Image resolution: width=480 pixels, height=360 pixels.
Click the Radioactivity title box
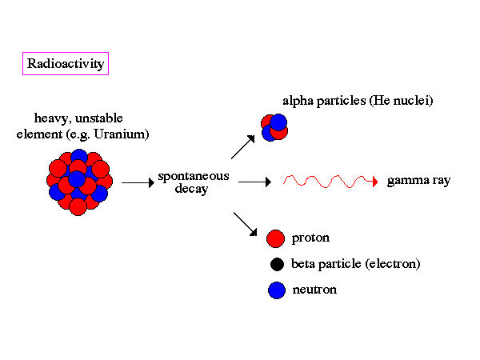point(66,64)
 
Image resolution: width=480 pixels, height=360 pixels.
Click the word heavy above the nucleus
point(50,119)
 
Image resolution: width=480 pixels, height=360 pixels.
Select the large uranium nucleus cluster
point(78,182)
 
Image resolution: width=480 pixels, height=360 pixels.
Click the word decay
point(192,190)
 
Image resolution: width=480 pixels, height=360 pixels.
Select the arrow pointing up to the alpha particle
point(242,146)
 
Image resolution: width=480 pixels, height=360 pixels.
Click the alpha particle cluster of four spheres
point(274,127)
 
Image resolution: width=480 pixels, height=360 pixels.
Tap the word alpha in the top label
point(298,102)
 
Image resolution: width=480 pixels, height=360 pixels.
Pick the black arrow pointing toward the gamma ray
point(255,182)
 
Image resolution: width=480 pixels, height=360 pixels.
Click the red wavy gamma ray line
point(328,181)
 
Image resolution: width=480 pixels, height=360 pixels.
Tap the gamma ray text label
point(419,181)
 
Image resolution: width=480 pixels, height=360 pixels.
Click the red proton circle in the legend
point(276,238)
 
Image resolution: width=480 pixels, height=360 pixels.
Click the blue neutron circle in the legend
point(276,290)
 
